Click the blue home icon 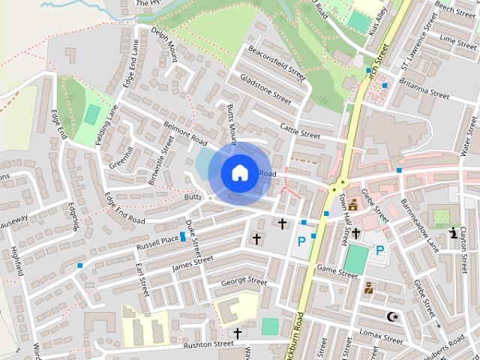point(239,172)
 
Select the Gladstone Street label point(265,88)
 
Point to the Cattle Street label point(300,130)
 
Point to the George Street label point(244,282)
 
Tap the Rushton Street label point(208,343)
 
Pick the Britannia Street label point(424,92)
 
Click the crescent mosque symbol point(390,316)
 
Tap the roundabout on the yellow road point(341,182)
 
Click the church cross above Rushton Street point(238,333)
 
